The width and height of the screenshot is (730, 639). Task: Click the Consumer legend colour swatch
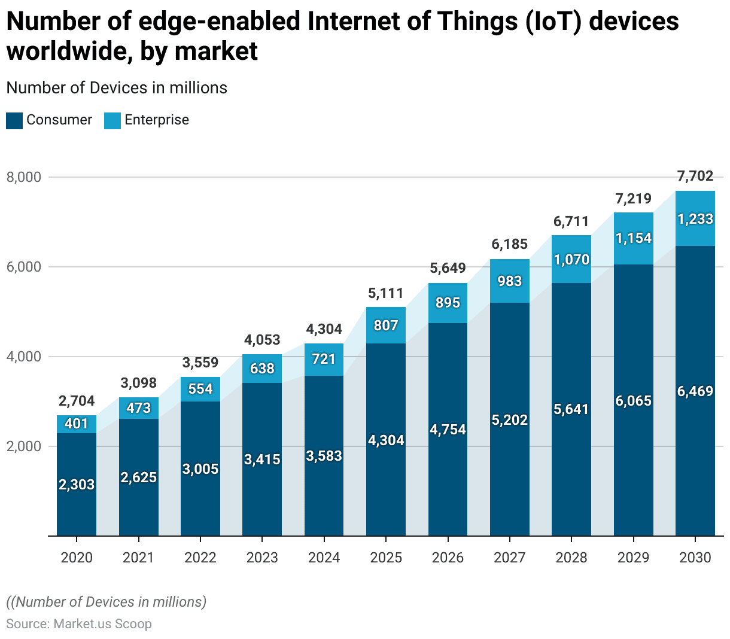tap(14, 120)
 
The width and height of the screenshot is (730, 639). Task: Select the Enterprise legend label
tap(156, 120)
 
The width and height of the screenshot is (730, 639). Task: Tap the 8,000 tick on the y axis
tap(24, 177)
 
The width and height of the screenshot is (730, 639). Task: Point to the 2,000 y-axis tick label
tap(24, 446)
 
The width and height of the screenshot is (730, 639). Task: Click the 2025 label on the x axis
tap(386, 558)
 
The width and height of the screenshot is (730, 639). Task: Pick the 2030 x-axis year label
tap(695, 558)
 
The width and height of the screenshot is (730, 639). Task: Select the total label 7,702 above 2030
tap(695, 176)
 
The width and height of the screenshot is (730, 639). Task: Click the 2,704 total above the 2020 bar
tap(77, 401)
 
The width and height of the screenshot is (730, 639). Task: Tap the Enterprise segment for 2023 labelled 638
tap(262, 369)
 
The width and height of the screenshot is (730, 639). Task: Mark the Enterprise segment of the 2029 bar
tap(634, 238)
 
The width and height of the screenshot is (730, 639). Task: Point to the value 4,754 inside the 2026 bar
tap(448, 430)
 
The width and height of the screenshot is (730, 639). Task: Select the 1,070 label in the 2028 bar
tap(571, 260)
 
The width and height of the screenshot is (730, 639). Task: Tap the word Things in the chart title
tap(479, 22)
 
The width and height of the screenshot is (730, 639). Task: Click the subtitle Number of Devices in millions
tap(117, 88)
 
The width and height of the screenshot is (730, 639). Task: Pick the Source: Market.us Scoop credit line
tap(79, 624)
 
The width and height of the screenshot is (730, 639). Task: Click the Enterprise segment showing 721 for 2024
tap(324, 359)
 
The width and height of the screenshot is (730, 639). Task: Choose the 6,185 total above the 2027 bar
tap(510, 244)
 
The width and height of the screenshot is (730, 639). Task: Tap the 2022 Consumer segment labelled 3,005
tap(200, 469)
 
